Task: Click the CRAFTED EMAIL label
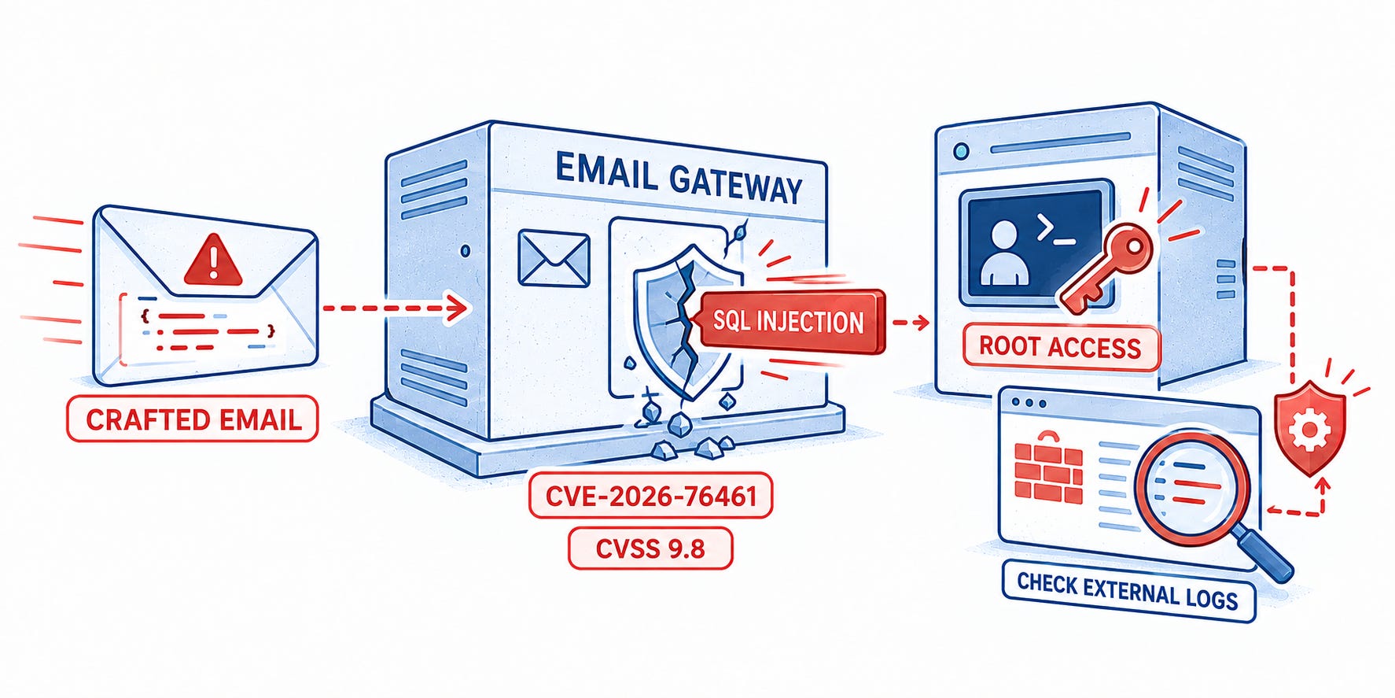(192, 419)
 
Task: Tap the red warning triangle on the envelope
(212, 260)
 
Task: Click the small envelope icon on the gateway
(554, 258)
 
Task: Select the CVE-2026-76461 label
(650, 496)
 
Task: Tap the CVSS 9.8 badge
(650, 548)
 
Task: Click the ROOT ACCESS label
(1060, 347)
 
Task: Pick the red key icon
(1106, 267)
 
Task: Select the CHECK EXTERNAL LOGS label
(1127, 592)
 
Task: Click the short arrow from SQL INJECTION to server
(911, 322)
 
